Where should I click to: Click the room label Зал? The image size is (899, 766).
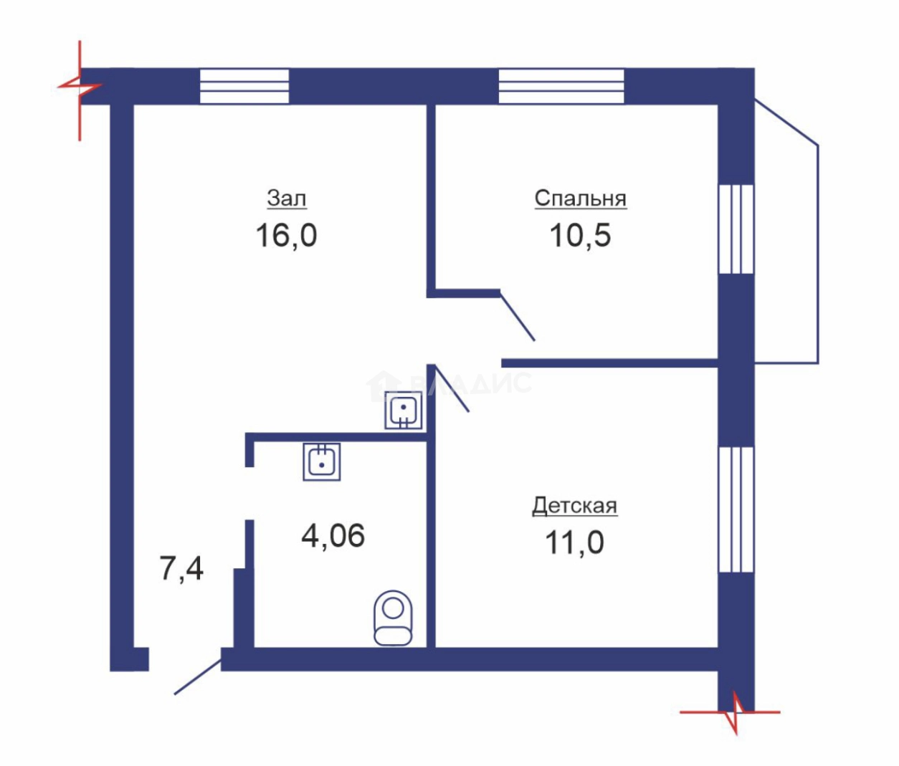click(x=287, y=199)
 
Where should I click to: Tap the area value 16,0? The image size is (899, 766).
click(x=286, y=235)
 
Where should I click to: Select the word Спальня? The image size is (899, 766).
click(x=581, y=199)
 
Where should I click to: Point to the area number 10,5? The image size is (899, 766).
click(x=580, y=235)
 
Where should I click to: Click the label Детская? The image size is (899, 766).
click(x=574, y=507)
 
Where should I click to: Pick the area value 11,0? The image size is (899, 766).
click(x=574, y=543)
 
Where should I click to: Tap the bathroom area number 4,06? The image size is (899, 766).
click(x=333, y=536)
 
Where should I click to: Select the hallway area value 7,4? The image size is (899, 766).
click(x=181, y=569)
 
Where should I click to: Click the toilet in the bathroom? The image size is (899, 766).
click(x=393, y=618)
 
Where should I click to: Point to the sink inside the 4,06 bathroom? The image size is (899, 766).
click(x=321, y=461)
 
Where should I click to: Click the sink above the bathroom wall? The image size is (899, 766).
click(x=404, y=411)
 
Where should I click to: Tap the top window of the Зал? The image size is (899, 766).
click(x=244, y=86)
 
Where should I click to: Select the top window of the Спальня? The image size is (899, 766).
click(x=561, y=86)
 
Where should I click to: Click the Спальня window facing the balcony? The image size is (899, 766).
click(x=736, y=229)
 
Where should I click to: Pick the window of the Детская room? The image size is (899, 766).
click(x=736, y=509)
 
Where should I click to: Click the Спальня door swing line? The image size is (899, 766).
click(x=518, y=316)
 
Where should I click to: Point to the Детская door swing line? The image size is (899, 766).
click(x=451, y=388)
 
